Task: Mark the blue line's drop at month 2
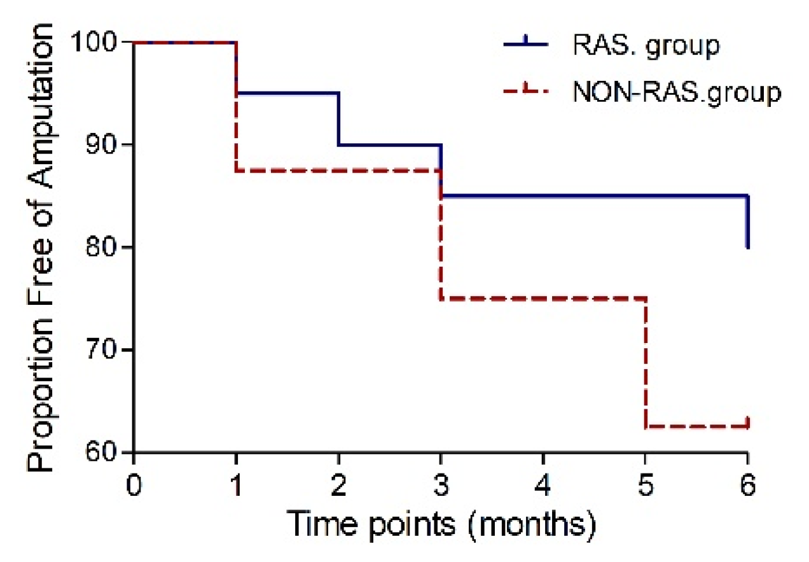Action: pos(338,119)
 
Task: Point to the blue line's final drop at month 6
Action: pos(748,221)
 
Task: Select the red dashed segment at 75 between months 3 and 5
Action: pos(543,298)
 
